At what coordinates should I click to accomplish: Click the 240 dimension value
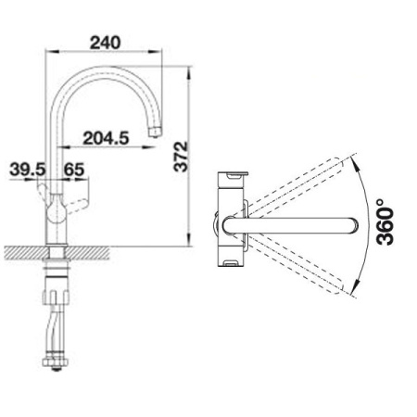point(105,43)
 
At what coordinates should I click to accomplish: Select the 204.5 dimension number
point(106,138)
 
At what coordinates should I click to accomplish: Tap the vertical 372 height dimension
point(181,157)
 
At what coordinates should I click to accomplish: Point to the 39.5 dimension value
point(28,170)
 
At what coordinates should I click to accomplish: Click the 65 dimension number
point(74,170)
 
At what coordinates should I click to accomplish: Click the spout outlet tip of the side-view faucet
point(155,133)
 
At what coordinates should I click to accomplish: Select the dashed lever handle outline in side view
point(77,206)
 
